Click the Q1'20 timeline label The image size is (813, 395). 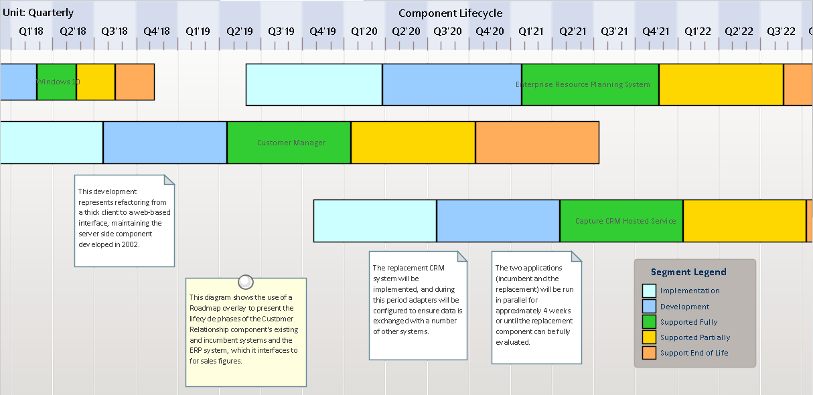coord(364,31)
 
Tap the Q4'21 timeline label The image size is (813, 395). coord(656,31)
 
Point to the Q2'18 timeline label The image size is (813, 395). coord(73,31)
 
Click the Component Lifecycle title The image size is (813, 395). coord(450,13)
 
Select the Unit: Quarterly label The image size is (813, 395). coord(38,13)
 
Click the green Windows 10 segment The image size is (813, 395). coord(57,82)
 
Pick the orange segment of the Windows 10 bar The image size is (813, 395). coord(135,82)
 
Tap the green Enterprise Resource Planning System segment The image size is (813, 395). coord(590,84)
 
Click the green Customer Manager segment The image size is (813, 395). coord(289,143)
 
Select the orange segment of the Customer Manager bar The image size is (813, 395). coord(537,143)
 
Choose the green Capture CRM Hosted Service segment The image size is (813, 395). coord(621,221)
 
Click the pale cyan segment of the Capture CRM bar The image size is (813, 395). coord(375,221)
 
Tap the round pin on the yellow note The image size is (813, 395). coord(246,282)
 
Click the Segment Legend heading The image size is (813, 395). coord(688,272)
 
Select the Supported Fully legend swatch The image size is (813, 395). coord(649,322)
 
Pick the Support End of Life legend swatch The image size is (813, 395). coord(649,353)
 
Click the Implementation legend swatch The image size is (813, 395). coord(649,291)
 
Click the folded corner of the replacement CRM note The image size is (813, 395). coord(462,256)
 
